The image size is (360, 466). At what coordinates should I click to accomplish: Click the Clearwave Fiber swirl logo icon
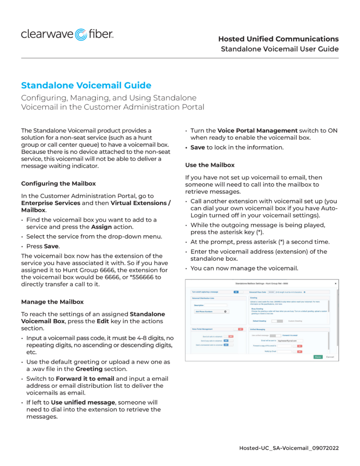[81, 35]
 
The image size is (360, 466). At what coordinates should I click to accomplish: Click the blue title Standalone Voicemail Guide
[86, 86]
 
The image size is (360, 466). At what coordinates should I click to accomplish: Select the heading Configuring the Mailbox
[58, 184]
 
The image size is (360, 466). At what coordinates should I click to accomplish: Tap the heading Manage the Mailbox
[52, 302]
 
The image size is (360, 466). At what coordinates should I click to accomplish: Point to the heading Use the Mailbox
[210, 165]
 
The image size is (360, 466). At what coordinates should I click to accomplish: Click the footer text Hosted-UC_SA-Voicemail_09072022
[289, 448]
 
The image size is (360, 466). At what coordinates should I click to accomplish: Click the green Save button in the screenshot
[318, 357]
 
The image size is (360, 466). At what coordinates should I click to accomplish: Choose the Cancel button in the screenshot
[330, 357]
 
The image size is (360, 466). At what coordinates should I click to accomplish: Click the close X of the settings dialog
[336, 283]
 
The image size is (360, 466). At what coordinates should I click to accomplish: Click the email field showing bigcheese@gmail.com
[290, 340]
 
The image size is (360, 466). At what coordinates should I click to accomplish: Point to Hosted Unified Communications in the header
[278, 39]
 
